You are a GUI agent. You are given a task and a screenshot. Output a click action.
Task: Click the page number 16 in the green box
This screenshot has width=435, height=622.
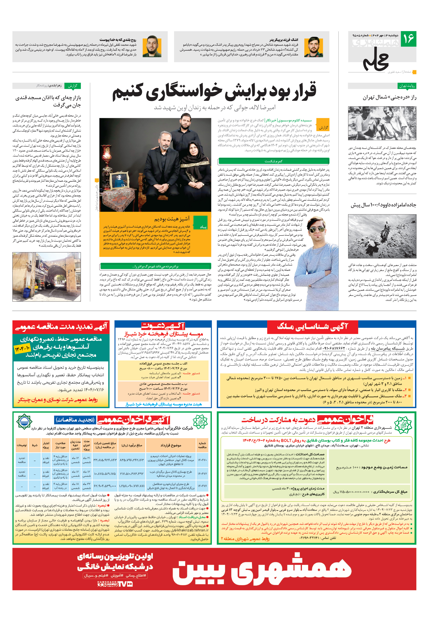coord(409,39)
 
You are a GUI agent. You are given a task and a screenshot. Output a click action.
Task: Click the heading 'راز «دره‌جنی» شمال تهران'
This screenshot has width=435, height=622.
coord(390,98)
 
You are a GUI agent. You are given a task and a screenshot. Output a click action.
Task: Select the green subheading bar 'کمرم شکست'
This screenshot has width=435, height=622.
coord(273,161)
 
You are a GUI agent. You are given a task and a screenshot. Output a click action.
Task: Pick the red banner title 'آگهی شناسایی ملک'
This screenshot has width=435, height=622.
coord(312,327)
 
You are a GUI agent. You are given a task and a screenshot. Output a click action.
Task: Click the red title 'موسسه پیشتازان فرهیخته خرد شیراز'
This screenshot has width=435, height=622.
coord(164,334)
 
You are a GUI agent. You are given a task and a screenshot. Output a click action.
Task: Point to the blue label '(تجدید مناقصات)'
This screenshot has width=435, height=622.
coord(75,420)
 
